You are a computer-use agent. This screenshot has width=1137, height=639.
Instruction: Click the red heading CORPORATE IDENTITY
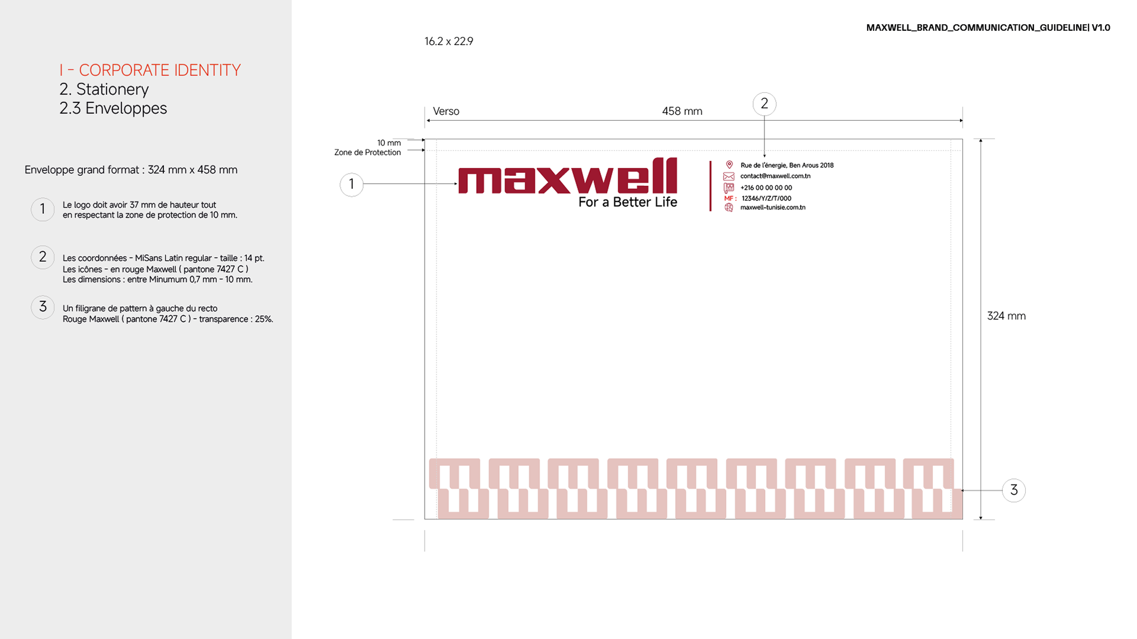(x=159, y=70)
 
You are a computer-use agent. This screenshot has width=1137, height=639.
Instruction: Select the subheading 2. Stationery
(x=104, y=89)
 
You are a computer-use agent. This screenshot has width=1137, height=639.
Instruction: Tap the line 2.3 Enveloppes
(x=113, y=108)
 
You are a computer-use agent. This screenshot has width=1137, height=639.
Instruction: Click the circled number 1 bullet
(x=43, y=209)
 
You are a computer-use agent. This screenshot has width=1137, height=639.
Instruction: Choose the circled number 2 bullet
(x=43, y=257)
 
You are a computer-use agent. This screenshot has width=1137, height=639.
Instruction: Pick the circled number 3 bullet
(x=43, y=307)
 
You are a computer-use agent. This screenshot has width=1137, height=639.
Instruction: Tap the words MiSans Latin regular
(x=173, y=258)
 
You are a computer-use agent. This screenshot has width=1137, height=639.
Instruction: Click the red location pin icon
(x=729, y=165)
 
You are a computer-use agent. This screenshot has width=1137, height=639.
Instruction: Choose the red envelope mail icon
(x=729, y=176)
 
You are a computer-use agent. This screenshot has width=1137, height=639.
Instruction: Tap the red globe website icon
(x=729, y=207)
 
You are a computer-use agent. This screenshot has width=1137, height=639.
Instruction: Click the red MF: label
(x=730, y=198)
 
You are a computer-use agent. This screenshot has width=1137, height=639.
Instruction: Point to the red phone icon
(x=729, y=188)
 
